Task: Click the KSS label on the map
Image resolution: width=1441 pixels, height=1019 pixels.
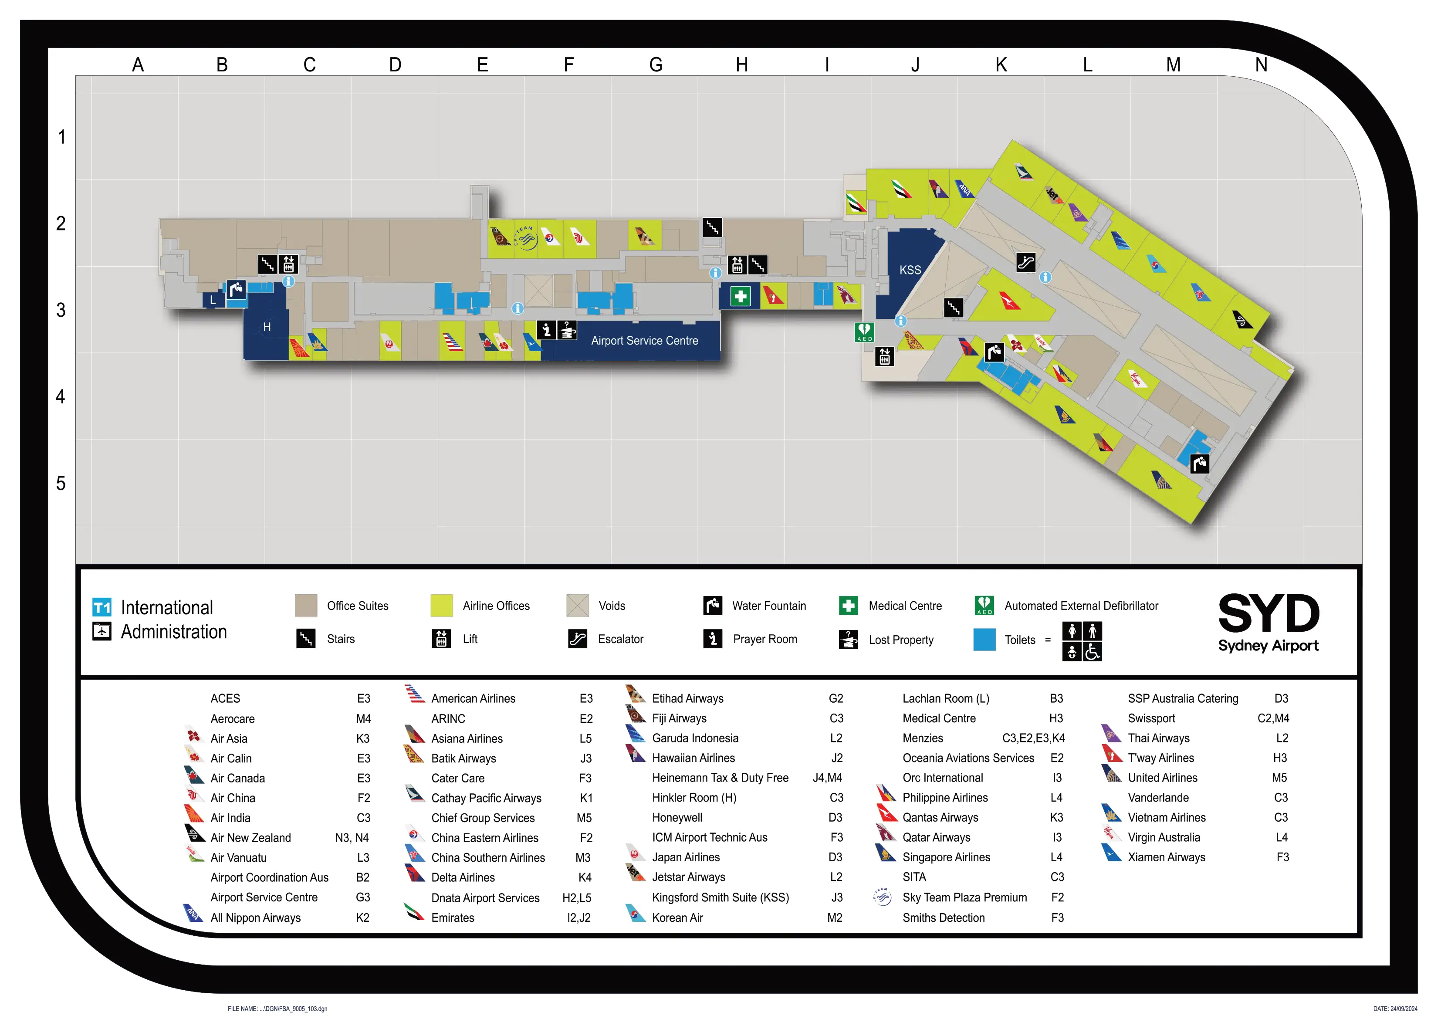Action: coord(910,270)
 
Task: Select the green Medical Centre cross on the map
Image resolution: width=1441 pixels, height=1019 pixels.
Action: coord(740,296)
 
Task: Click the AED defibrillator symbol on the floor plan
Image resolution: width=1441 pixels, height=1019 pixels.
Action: coord(864,332)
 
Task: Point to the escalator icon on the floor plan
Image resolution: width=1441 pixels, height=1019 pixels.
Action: coord(1025,262)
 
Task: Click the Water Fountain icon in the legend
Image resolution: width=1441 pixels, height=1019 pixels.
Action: coord(712,605)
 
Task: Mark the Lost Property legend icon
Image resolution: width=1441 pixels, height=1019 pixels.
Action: coord(849,639)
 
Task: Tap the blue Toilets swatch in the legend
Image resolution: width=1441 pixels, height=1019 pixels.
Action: coord(984,639)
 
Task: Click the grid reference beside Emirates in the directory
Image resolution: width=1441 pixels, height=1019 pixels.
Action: coord(578,917)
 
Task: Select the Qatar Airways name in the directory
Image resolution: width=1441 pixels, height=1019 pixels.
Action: coord(936,837)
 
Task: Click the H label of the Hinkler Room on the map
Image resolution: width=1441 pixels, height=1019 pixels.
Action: coord(267,327)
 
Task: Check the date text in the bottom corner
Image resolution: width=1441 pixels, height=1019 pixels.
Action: coord(1394,1009)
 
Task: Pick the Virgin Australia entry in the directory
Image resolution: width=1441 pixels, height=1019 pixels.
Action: coord(1164,837)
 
